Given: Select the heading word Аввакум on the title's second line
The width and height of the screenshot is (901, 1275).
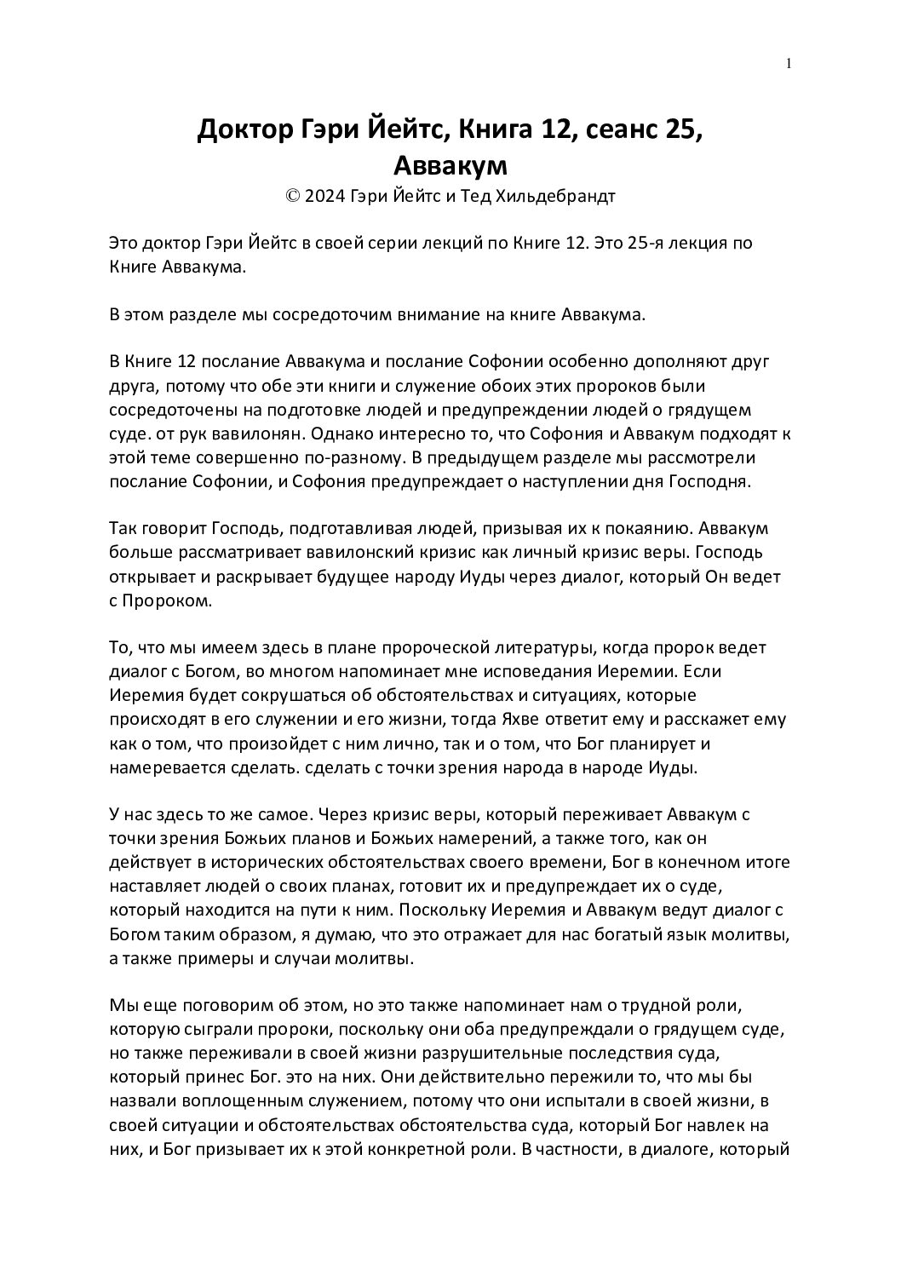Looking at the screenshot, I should pos(450,164).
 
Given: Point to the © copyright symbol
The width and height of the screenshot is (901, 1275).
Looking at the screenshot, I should pos(292,197).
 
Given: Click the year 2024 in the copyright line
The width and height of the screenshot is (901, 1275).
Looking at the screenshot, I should pos(324,197).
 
